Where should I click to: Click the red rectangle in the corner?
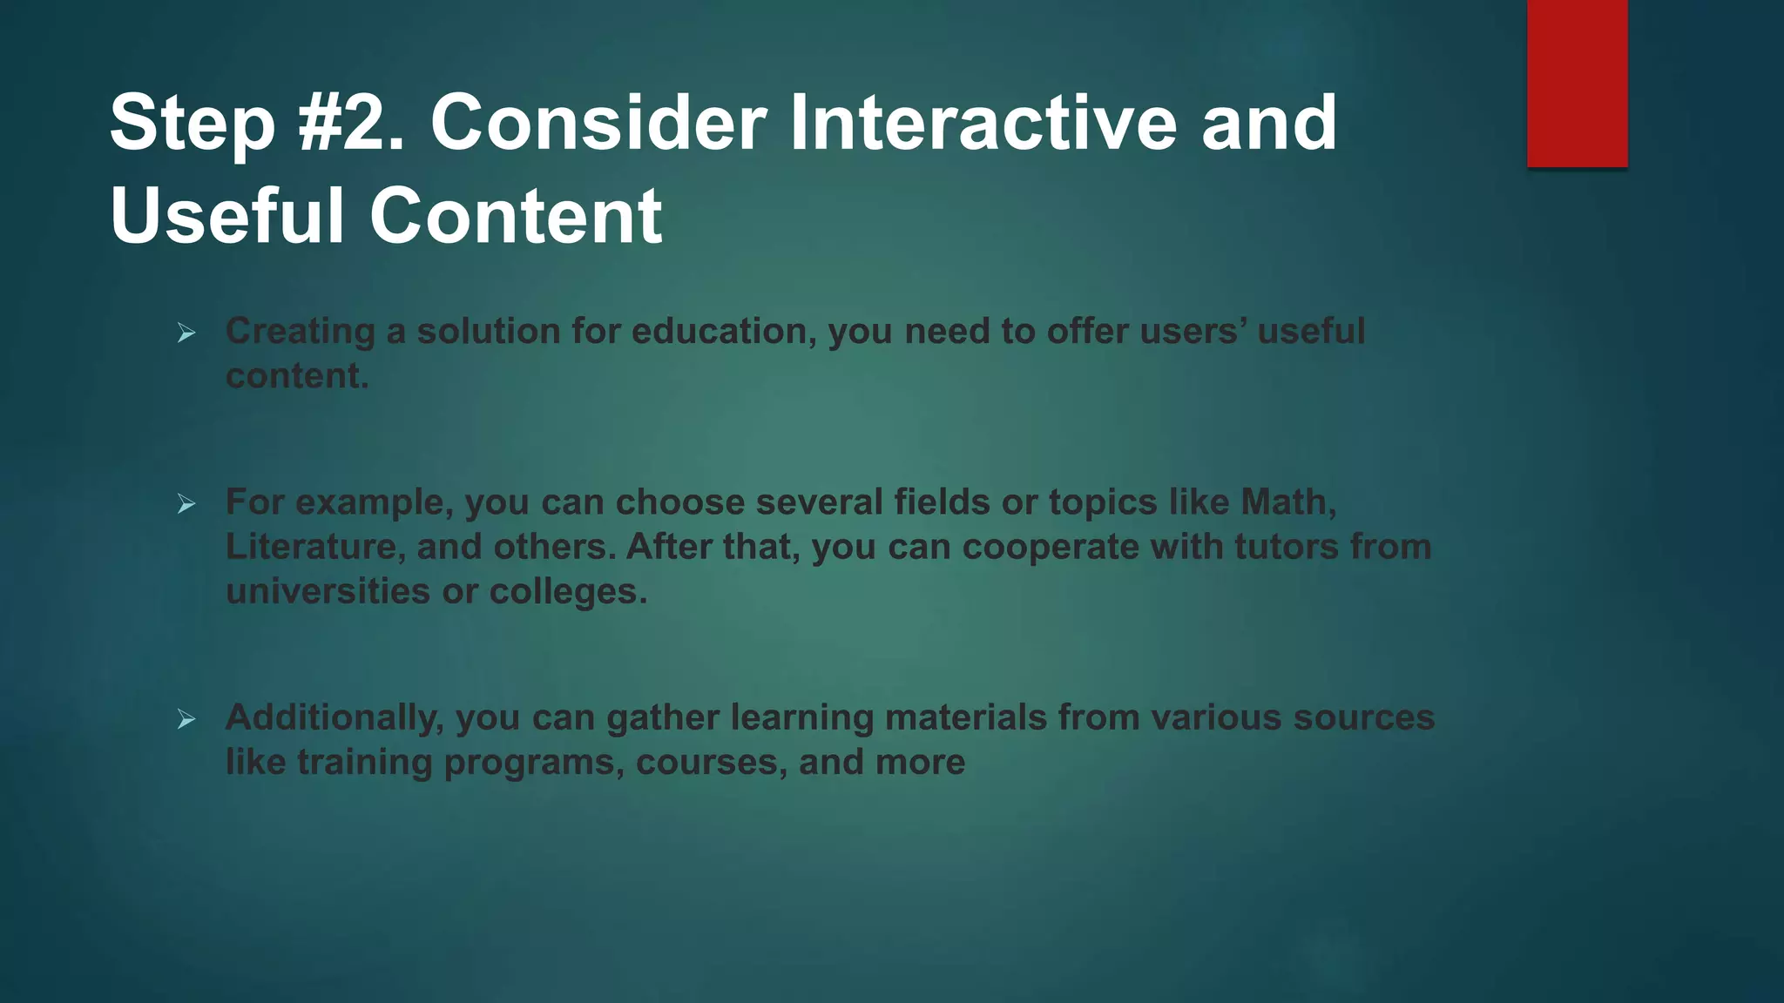point(1577,84)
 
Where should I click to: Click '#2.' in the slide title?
point(351,123)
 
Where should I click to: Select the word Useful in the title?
point(227,215)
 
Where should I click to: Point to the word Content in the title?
point(516,215)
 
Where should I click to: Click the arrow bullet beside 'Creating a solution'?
point(186,333)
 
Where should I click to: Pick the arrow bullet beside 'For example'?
point(186,503)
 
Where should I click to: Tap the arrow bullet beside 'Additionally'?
point(186,719)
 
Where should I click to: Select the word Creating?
point(301,332)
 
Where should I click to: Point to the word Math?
point(1287,502)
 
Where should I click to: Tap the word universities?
point(328,591)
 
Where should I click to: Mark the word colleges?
point(568,592)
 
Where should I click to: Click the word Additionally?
point(334,717)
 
